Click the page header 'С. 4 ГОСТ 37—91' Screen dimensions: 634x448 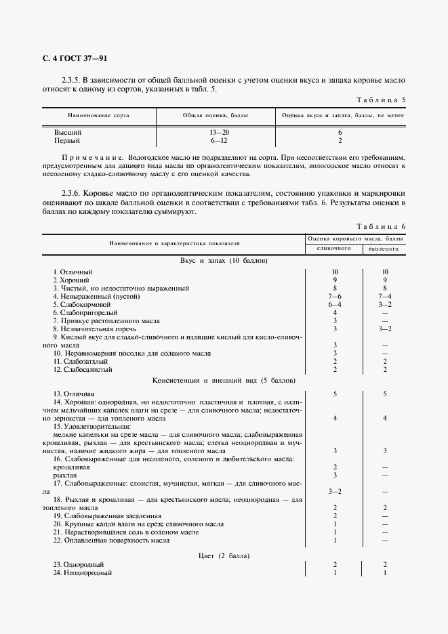click(75, 58)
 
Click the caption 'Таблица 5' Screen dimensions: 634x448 click(380, 100)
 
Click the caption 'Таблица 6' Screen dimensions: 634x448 click(380, 226)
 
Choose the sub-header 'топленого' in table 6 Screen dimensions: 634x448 click(384, 249)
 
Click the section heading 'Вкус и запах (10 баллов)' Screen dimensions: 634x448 click(224, 261)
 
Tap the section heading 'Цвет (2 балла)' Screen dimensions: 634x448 click(224, 555)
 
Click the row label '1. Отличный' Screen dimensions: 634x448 click(73, 272)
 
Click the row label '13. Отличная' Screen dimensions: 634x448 click(74, 393)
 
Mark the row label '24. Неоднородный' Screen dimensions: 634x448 click(82, 572)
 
